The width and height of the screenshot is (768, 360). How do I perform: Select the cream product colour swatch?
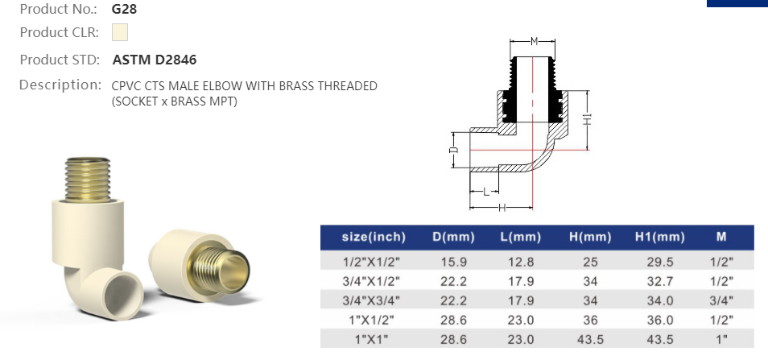tap(120, 33)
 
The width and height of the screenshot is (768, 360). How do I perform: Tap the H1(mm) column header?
tap(659, 237)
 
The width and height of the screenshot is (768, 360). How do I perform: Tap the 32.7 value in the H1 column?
tap(659, 281)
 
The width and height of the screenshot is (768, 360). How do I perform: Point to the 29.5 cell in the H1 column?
tap(659, 261)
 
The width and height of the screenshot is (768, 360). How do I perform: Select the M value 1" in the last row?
tap(721, 339)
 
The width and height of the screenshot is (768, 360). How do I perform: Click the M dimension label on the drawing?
tap(534, 41)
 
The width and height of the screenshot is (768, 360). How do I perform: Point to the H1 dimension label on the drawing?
tap(588, 118)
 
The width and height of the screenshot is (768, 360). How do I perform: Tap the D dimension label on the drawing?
tap(453, 150)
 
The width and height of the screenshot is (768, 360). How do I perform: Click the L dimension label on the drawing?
tap(485, 192)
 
